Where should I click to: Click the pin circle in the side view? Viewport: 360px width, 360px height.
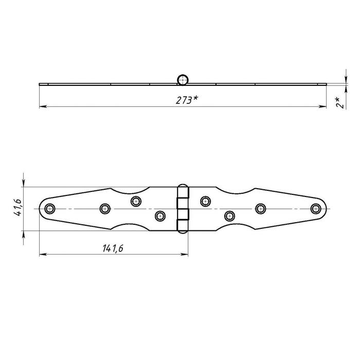(x=183, y=79)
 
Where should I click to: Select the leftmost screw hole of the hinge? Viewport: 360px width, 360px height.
(x=50, y=208)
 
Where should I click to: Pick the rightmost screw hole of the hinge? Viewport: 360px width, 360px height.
(x=315, y=208)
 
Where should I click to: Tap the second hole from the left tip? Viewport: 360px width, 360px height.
(x=105, y=208)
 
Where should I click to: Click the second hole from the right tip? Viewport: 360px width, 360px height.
(x=261, y=208)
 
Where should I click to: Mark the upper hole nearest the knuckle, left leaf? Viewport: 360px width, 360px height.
(x=136, y=201)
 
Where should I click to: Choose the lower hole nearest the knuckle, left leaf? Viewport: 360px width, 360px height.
(x=160, y=216)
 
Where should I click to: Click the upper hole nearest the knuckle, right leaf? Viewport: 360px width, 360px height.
(x=205, y=201)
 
